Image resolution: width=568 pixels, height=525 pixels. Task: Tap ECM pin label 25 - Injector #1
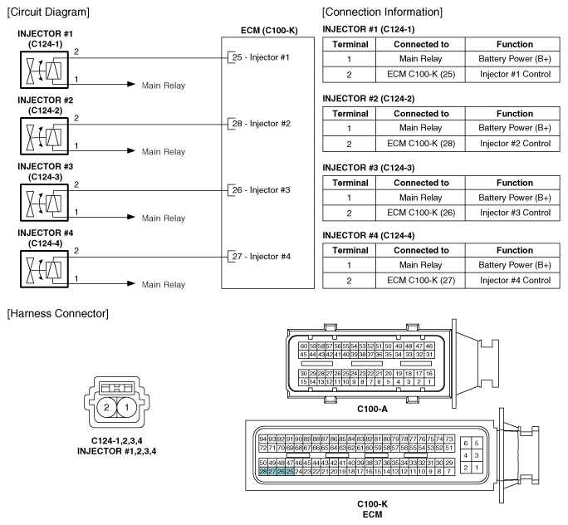[259, 57]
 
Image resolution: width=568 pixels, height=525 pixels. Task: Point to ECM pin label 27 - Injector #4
[259, 256]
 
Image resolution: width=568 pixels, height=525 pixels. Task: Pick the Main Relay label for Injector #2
[163, 152]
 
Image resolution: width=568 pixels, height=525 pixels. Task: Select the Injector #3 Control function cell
[515, 213]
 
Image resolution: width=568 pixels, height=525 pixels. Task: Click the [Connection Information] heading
[383, 11]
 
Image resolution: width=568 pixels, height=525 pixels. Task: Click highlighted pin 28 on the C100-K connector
[263, 471]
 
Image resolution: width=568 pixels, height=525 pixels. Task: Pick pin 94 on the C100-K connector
[263, 439]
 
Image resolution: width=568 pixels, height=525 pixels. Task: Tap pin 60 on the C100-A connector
[304, 346]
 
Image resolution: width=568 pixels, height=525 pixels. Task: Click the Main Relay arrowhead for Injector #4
[130, 284]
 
